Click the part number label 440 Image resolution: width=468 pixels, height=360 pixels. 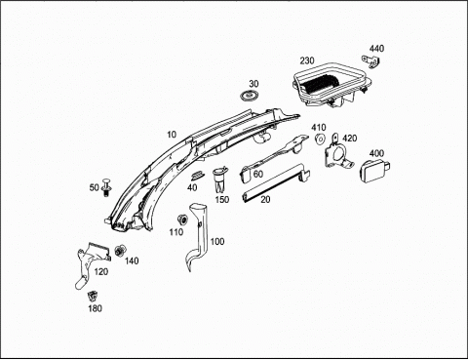(x=376, y=49)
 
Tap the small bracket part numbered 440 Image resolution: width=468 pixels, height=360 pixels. (x=370, y=60)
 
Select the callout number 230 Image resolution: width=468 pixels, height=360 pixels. (x=307, y=60)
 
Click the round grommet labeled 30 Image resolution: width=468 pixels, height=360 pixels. (x=249, y=96)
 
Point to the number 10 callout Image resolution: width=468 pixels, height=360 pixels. (x=172, y=135)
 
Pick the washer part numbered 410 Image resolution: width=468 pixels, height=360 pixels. (x=320, y=139)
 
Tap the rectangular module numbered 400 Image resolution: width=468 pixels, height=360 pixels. (x=374, y=171)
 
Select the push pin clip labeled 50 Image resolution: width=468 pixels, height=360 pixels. (x=106, y=187)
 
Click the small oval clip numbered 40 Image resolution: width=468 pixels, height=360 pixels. (x=197, y=176)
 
